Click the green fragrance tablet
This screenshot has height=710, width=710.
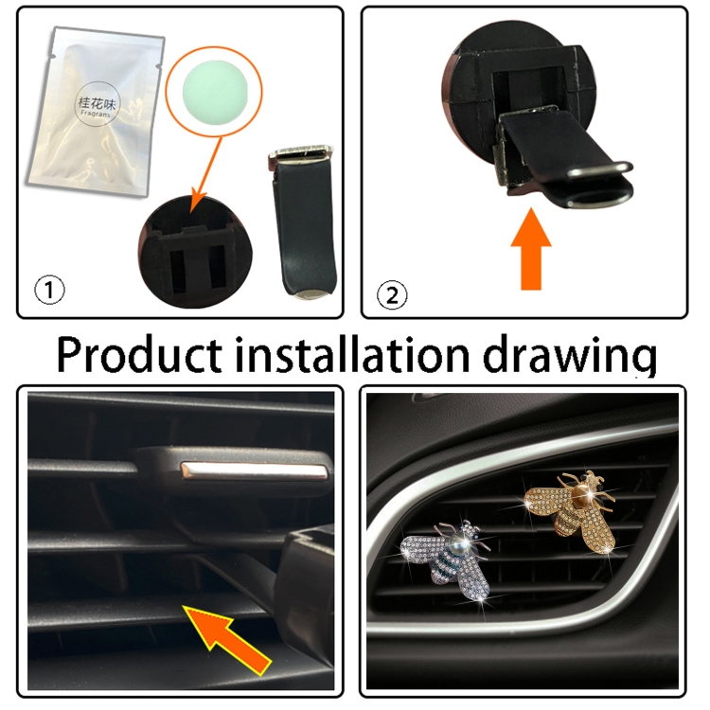[213, 90]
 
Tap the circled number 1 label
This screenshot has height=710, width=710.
[49, 291]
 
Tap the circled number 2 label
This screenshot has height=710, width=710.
[392, 295]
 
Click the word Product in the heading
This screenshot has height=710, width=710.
[139, 355]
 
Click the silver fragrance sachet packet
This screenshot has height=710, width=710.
[95, 111]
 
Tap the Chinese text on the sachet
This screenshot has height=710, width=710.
[97, 104]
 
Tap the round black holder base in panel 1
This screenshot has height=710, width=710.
[196, 252]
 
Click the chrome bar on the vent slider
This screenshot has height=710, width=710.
[254, 470]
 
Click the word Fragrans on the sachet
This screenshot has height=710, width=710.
[96, 115]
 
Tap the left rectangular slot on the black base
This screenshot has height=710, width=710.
[178, 269]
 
